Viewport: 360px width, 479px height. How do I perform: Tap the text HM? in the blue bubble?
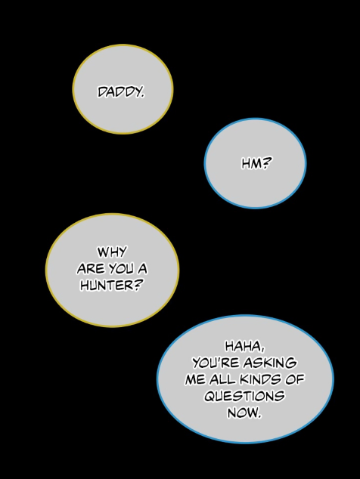point(256,163)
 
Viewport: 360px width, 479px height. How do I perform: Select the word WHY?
point(112,252)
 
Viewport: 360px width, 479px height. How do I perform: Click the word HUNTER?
point(112,286)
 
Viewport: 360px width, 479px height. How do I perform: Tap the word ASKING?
point(270,363)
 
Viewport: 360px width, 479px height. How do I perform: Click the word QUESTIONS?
point(244,396)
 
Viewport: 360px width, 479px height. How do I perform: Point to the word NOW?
point(244,413)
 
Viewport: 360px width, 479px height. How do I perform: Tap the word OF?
point(295,379)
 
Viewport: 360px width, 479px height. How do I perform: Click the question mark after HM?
point(267,163)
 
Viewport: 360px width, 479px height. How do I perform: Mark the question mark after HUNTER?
point(138,286)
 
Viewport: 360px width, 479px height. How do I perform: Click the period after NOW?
point(260,417)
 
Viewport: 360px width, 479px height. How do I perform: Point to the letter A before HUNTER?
point(142,269)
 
